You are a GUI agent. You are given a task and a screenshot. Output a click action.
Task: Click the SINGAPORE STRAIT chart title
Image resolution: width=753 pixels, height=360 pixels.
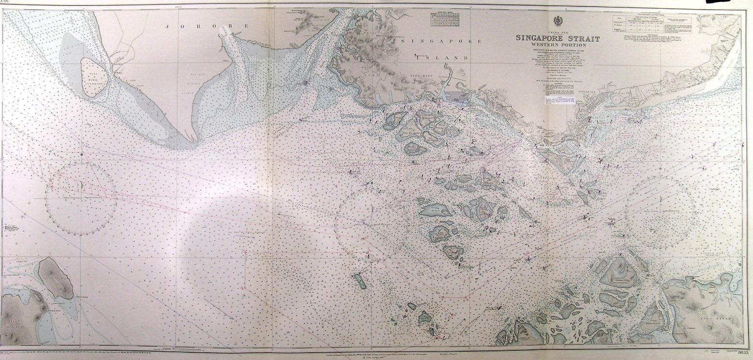(557, 38)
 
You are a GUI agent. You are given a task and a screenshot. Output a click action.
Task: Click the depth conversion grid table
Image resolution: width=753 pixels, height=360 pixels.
(443, 20)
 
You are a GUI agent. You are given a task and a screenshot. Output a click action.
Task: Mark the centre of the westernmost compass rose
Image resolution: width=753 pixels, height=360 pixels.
(81, 198)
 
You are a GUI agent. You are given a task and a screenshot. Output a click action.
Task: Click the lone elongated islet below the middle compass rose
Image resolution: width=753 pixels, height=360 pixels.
(359, 281)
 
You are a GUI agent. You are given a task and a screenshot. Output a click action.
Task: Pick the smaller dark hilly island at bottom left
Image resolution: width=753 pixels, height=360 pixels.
(53, 276)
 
